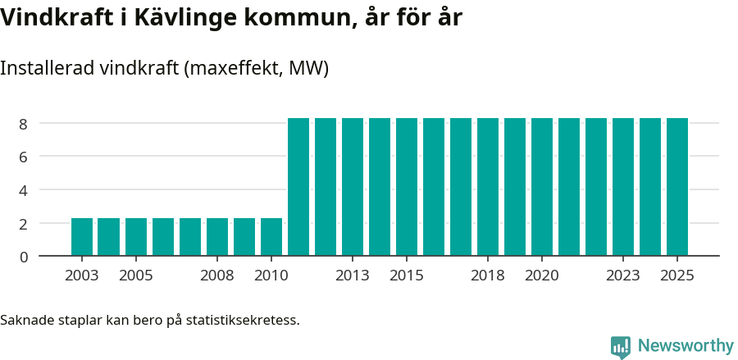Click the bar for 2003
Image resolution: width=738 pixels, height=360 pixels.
[82, 237]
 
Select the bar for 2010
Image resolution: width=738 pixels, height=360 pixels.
[271, 237]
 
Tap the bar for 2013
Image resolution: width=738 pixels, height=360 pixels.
[353, 187]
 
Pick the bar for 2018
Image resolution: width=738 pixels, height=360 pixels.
[488, 187]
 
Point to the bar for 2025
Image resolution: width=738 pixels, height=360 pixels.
[677, 187]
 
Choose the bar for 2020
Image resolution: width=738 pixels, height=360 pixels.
[542, 187]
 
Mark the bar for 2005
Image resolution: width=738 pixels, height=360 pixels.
[136, 237]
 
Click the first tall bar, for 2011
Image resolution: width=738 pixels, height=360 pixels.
[298, 187]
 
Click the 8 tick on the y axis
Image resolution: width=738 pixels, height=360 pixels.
[23, 124]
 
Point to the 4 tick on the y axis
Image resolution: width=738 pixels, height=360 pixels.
[23, 190]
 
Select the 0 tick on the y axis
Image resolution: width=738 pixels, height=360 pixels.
[23, 257]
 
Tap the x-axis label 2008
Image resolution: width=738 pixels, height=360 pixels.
[217, 276]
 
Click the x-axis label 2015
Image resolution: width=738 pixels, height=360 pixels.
[407, 276]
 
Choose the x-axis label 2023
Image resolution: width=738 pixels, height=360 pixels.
[623, 276]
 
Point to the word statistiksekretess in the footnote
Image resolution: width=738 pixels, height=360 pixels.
[243, 319]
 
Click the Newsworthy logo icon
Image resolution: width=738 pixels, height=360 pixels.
[621, 347]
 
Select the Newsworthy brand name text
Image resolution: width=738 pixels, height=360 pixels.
[686, 346]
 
